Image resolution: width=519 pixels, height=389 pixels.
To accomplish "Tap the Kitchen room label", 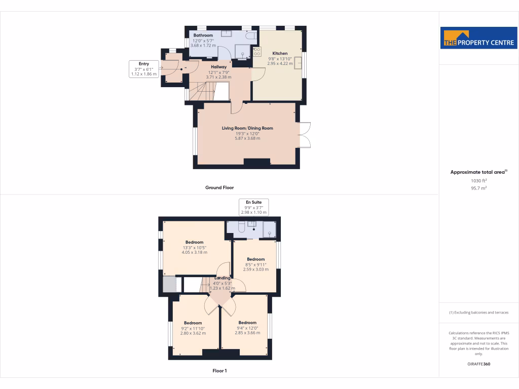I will click(x=280, y=53).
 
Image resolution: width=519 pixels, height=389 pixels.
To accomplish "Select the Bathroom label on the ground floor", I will click(x=203, y=35).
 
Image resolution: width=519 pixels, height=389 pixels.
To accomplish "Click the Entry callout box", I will click(x=144, y=69).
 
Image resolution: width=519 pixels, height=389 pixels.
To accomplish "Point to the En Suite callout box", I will click(x=253, y=207).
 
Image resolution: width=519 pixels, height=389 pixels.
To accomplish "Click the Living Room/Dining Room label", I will click(x=247, y=128).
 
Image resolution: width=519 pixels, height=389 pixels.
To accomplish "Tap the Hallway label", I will click(x=219, y=67).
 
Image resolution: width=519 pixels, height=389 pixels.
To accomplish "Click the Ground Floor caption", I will click(x=219, y=187).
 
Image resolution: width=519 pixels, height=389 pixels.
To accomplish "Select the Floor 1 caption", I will click(x=219, y=371).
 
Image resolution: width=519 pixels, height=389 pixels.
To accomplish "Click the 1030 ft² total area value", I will click(x=478, y=180).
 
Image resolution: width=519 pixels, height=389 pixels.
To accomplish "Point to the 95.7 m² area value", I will click(x=478, y=188).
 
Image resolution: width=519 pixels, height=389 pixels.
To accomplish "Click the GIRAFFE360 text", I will click(x=478, y=364).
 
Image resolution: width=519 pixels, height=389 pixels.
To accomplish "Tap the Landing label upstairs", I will click(x=222, y=278).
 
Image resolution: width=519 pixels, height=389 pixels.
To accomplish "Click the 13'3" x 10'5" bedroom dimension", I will click(x=194, y=247).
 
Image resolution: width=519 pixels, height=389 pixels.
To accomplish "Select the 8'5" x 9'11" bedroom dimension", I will click(x=256, y=264).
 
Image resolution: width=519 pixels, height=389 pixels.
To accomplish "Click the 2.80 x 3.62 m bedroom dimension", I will click(x=193, y=333).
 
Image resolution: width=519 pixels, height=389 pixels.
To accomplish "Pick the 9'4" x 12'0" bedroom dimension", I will click(x=247, y=328).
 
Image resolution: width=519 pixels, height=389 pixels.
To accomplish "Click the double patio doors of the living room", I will click(x=305, y=135).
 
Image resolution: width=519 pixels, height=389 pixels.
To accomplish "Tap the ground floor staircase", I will click(x=201, y=92).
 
